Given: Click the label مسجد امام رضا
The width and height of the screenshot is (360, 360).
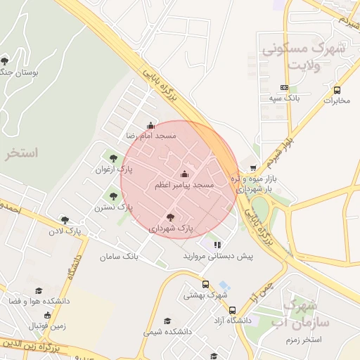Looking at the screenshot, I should (150, 135).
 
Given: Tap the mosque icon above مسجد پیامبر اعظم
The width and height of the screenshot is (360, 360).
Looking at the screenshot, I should (185, 174).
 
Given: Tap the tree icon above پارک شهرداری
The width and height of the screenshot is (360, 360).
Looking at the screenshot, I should (170, 218).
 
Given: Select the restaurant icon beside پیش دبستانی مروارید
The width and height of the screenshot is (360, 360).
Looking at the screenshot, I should (217, 245).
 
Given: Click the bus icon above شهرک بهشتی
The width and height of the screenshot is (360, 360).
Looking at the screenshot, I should (205, 285).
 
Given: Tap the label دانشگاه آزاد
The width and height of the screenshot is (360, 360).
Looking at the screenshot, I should (233, 320).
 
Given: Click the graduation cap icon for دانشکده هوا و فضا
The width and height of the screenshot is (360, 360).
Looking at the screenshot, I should (39, 290).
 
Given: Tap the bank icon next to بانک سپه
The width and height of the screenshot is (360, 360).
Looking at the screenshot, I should (284, 87).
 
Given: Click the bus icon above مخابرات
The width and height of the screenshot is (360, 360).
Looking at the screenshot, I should (337, 90).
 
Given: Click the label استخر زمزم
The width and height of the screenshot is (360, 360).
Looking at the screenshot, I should (303, 340).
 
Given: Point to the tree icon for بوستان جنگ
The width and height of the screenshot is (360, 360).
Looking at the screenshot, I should (6, 61).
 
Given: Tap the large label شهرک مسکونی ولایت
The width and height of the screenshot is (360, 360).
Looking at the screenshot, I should (303, 56).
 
